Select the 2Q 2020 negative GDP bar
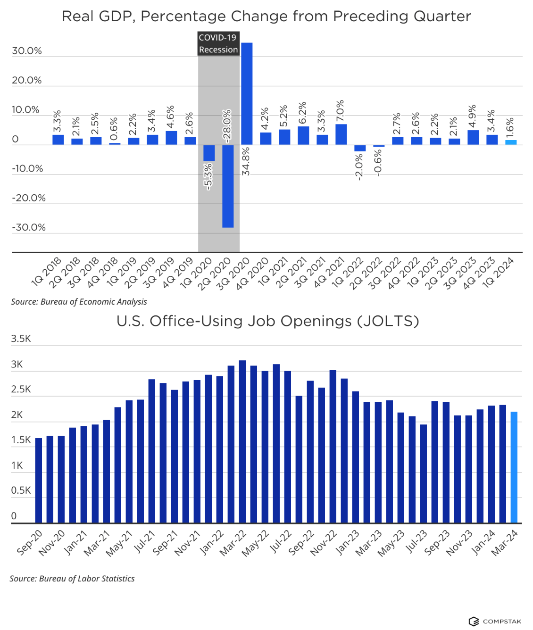point(228,186)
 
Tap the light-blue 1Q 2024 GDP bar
point(511,142)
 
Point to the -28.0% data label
point(227,126)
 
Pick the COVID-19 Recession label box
point(218,43)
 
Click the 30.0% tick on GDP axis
point(27,51)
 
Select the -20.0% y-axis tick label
point(29,198)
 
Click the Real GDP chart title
point(266,16)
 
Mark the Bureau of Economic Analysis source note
point(79,302)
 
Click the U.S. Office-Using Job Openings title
point(267,321)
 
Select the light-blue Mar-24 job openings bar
point(514,467)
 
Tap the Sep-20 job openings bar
point(39,480)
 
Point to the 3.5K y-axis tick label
point(21,339)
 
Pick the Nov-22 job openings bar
point(333,446)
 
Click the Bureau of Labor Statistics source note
point(72,579)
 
